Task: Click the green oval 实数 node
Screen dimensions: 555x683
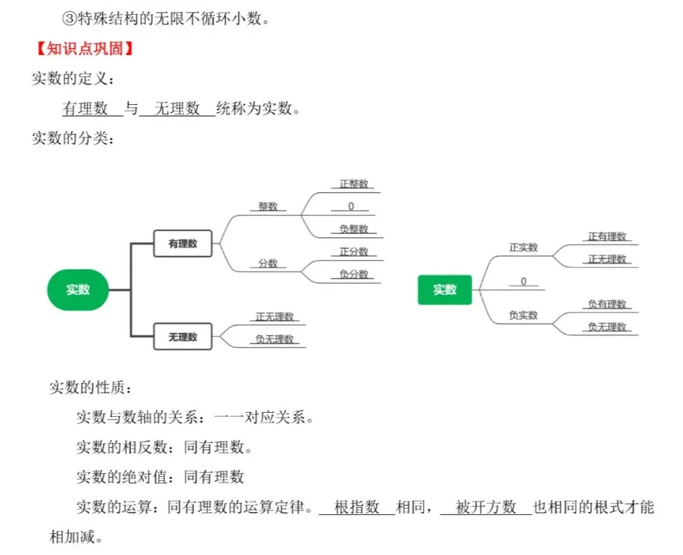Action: tap(78, 289)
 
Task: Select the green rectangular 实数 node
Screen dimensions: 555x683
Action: tap(444, 289)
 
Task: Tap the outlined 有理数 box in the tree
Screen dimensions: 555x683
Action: tap(183, 244)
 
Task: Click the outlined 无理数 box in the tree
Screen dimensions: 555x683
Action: tap(183, 337)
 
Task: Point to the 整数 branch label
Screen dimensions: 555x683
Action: tap(268, 206)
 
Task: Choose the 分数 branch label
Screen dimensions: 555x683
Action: tap(268, 263)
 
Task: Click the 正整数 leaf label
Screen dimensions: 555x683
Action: tap(354, 184)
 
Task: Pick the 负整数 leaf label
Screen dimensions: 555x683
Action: tap(354, 229)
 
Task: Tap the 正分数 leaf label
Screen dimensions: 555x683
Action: tap(354, 251)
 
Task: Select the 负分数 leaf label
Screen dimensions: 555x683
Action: tap(354, 275)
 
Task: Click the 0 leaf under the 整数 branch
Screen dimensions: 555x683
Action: tap(351, 206)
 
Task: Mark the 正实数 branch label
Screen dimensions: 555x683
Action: tap(523, 247)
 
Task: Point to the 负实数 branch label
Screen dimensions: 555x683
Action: tap(523, 316)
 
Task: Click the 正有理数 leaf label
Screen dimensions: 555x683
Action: tap(607, 237)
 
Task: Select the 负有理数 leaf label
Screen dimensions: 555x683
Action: tap(607, 304)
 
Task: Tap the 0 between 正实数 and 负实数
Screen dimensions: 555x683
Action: tap(523, 282)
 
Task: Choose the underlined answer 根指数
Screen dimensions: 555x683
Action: tap(357, 507)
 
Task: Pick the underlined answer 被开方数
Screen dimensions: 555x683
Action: tap(486, 507)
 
